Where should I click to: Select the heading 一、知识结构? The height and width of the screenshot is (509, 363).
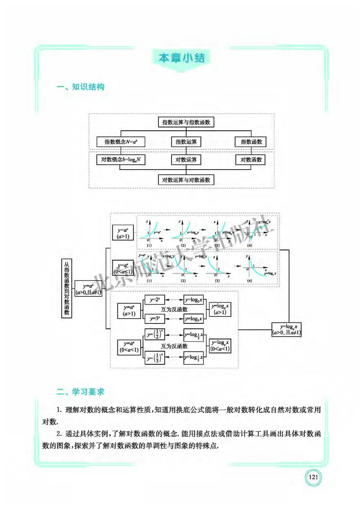pos(80,87)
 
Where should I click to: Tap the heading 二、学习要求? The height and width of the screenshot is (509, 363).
pos(80,390)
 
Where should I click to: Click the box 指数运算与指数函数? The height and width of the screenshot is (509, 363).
pos(186,122)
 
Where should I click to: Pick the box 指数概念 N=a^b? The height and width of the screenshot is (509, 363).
pos(121,142)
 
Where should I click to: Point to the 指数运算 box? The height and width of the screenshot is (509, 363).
pos(186,142)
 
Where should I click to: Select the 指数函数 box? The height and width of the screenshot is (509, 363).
pos(251,142)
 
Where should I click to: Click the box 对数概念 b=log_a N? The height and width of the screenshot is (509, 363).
pos(121,160)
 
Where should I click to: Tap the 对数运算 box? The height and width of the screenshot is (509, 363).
pos(186,160)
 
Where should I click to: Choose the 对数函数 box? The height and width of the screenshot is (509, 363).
pos(251,160)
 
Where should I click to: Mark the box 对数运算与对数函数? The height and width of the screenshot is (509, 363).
pos(186,180)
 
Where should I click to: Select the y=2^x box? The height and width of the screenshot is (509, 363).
pos(155,300)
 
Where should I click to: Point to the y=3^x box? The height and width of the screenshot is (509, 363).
pos(155,318)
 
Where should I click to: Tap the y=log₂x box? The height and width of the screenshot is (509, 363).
pos(194,300)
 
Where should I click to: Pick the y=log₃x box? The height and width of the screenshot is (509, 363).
pos(194,318)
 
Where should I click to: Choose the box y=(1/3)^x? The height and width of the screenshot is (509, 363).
pos(155,357)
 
